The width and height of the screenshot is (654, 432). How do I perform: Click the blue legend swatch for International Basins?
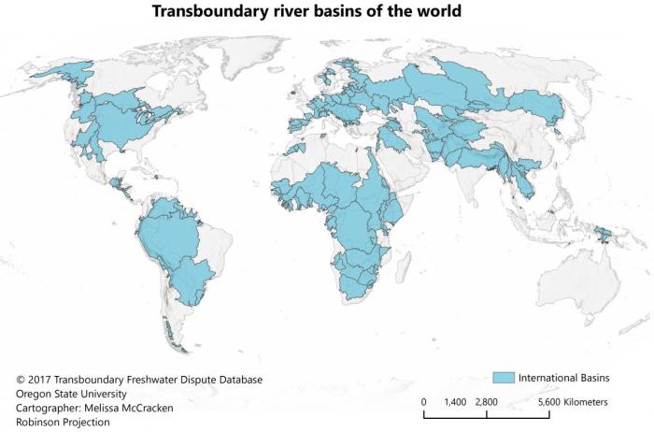click(x=504, y=377)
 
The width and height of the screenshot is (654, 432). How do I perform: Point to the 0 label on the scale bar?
click(x=424, y=401)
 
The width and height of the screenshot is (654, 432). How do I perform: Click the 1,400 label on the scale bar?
click(x=455, y=401)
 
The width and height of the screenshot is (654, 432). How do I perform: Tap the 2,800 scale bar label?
click(x=486, y=401)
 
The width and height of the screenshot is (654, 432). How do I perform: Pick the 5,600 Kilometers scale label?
click(x=573, y=401)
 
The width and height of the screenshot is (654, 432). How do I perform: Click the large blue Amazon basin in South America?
click(x=168, y=234)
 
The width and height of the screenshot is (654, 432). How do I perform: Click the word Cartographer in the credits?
click(x=48, y=408)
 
